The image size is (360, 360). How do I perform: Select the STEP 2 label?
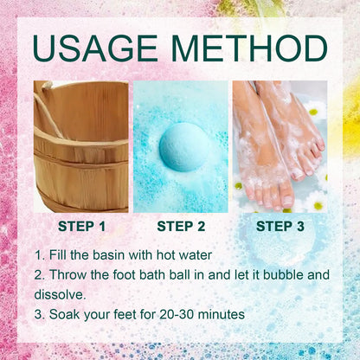coord(180,227)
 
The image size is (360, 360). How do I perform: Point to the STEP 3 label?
coord(279,227)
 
